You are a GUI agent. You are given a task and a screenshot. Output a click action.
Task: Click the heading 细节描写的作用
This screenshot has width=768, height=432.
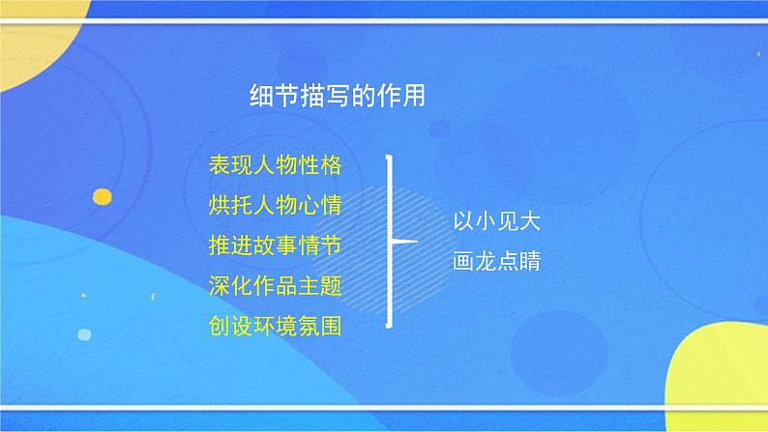(337, 97)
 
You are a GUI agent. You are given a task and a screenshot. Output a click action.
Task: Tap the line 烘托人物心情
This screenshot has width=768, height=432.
(275, 205)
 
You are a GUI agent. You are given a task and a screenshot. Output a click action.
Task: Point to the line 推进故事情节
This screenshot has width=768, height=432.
(275, 245)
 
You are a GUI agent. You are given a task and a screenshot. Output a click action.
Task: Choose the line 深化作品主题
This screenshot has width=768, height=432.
(275, 285)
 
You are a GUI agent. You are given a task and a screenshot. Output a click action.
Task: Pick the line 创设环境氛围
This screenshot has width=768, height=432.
(275, 326)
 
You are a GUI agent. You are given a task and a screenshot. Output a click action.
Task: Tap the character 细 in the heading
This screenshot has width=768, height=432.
(260, 97)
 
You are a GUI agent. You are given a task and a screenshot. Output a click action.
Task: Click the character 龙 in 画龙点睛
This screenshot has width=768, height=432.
(486, 262)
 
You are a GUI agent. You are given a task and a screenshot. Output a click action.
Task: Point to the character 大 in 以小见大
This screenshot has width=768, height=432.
(529, 221)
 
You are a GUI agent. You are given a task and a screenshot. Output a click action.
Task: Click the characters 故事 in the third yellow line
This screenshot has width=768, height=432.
(275, 245)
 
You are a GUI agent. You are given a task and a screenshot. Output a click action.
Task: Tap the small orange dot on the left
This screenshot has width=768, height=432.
(102, 197)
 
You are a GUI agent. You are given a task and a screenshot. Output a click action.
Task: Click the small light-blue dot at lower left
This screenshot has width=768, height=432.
(84, 335)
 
